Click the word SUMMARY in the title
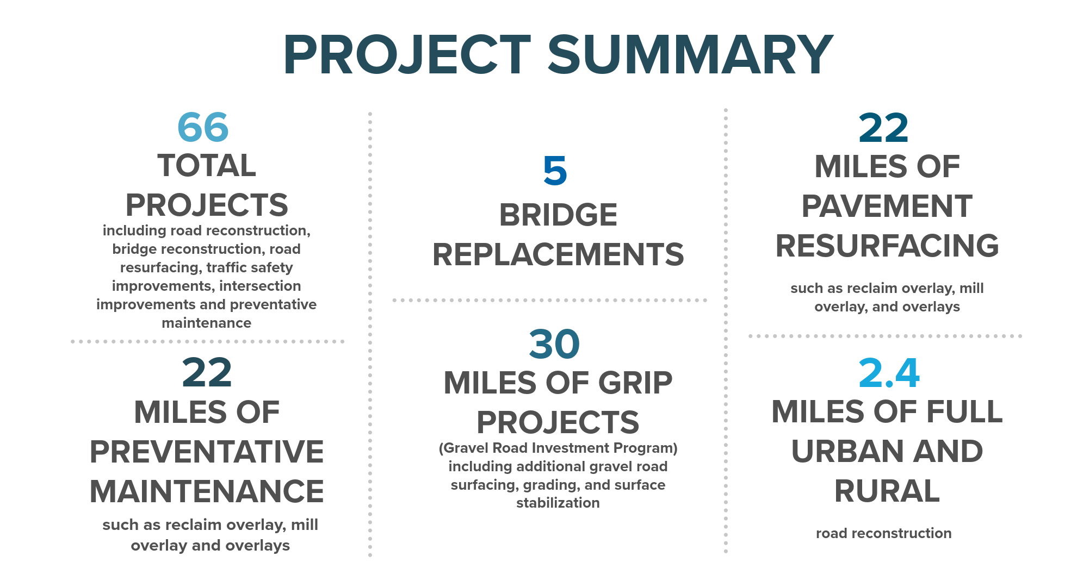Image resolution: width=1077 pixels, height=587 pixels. (690, 54)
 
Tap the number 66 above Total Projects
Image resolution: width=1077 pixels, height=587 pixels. (203, 127)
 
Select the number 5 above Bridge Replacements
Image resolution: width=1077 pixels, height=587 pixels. (555, 171)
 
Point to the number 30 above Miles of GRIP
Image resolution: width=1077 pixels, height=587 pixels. (554, 344)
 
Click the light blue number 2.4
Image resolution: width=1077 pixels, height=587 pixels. (889, 373)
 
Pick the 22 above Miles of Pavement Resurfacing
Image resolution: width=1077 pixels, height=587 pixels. (883, 128)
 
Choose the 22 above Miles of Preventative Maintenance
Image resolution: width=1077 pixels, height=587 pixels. (207, 373)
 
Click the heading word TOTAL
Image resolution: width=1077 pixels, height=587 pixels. (207, 165)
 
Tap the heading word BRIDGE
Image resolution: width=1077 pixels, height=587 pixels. (558, 215)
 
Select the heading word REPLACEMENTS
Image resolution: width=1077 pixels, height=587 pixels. (558, 254)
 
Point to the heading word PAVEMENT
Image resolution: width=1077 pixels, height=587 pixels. (887, 206)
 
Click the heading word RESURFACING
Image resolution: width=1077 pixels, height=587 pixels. (887, 246)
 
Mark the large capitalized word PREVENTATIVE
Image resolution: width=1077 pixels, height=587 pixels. (207, 452)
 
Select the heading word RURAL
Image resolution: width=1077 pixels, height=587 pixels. (887, 491)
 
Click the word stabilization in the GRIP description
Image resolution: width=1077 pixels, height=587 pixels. (558, 503)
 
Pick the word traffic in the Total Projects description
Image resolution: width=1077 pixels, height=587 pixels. (226, 267)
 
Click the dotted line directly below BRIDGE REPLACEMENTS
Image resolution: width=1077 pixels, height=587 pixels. (549, 300)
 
